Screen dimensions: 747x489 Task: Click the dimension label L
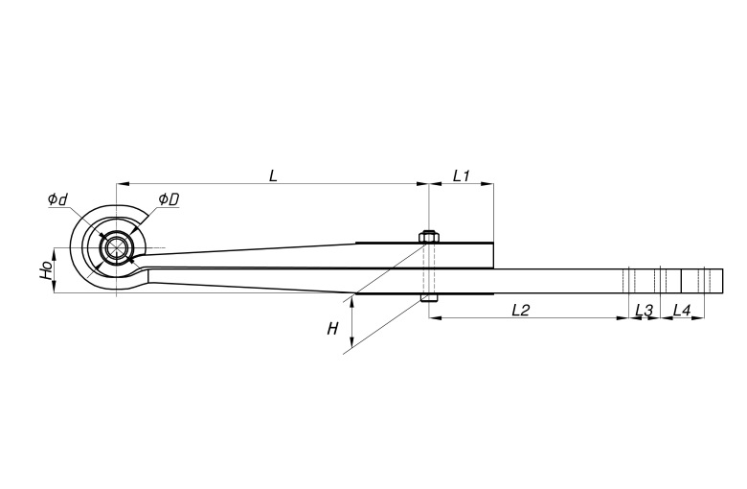[x=273, y=176]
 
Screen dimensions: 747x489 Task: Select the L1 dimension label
[x=462, y=176]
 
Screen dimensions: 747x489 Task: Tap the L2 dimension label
[x=521, y=311]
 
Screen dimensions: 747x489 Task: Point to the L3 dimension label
[x=645, y=311]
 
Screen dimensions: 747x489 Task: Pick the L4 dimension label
[x=682, y=311]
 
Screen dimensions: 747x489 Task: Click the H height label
[x=332, y=329]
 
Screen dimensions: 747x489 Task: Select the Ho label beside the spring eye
[x=46, y=270]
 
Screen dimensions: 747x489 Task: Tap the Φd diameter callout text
[x=57, y=198]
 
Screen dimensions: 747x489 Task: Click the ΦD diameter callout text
[x=169, y=199]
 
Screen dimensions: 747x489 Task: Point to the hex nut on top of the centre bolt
[x=429, y=237]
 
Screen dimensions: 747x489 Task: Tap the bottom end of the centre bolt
[x=429, y=301]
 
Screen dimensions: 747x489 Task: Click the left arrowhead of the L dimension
[x=123, y=184]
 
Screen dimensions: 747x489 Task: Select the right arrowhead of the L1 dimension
[x=487, y=184]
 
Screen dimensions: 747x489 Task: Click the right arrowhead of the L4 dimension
[x=698, y=317]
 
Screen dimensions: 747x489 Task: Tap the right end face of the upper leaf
[x=493, y=255]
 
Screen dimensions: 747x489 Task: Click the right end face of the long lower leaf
[x=723, y=281]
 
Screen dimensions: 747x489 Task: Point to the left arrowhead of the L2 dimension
[x=436, y=317]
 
